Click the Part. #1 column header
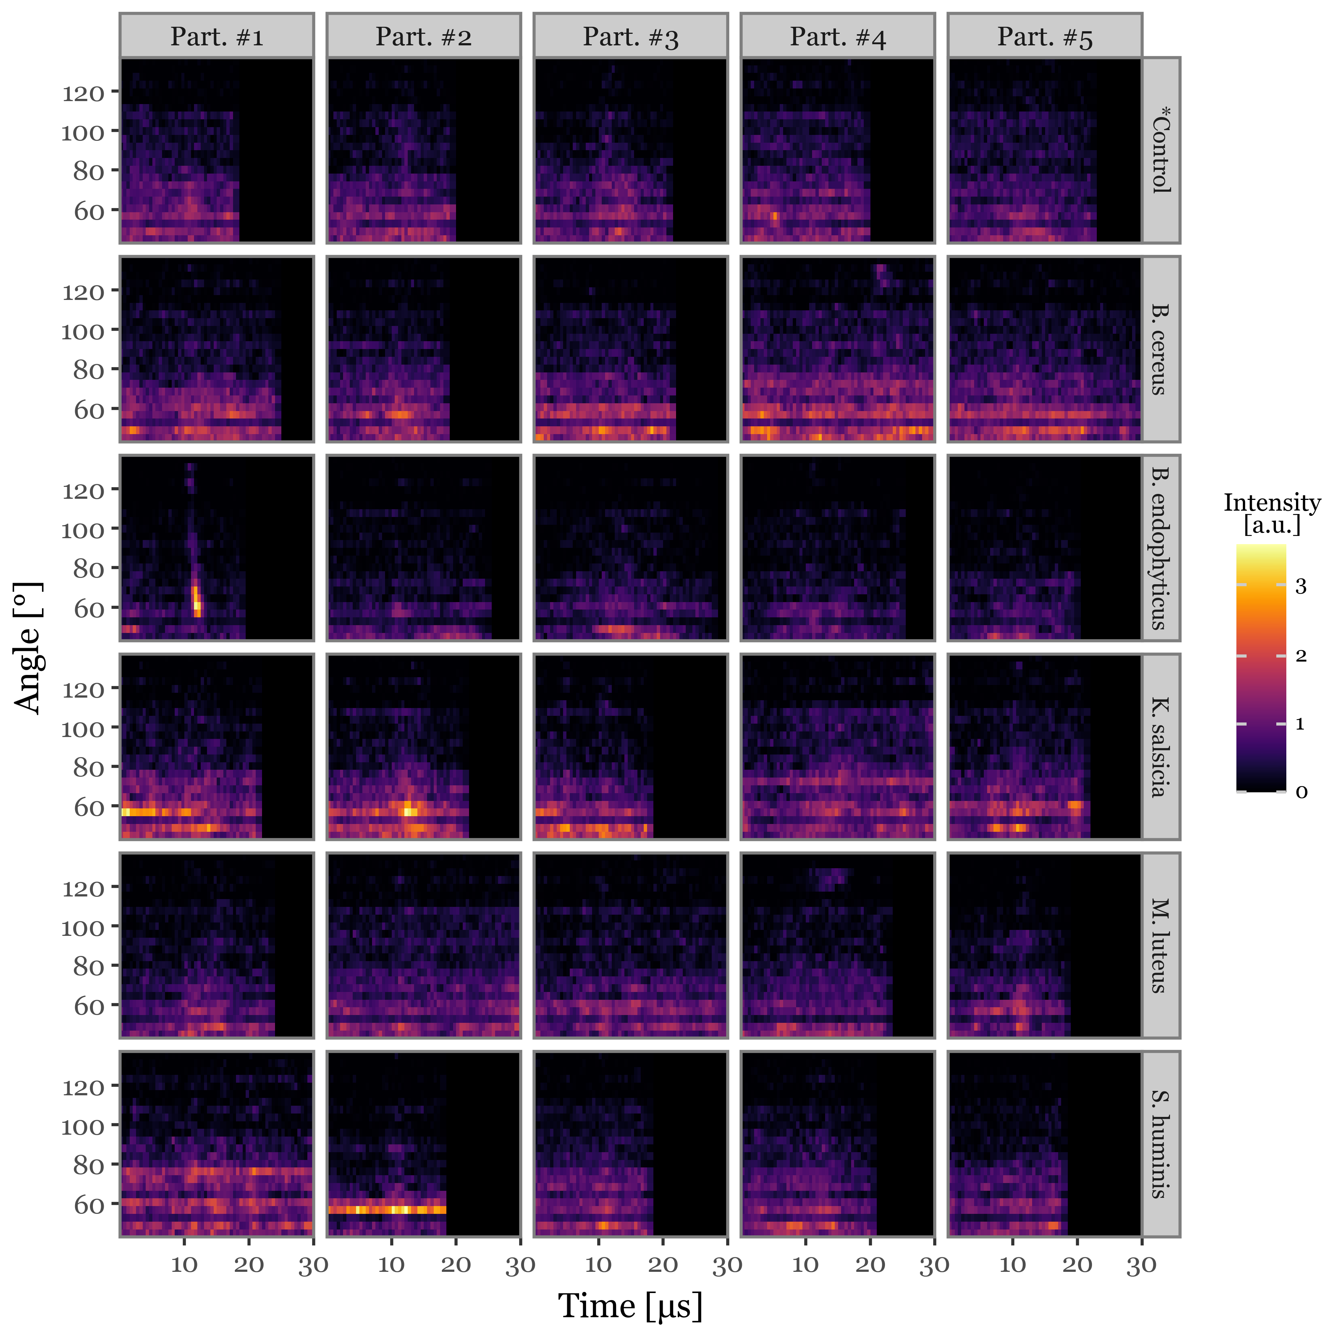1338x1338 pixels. tap(217, 36)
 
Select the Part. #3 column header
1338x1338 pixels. tap(630, 36)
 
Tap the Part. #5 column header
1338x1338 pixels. tap(1044, 36)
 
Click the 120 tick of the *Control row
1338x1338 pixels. tap(83, 92)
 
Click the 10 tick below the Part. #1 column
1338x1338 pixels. tap(184, 1264)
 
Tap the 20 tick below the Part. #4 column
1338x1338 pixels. tap(870, 1264)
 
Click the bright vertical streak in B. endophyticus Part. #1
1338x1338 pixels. tap(196, 599)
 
